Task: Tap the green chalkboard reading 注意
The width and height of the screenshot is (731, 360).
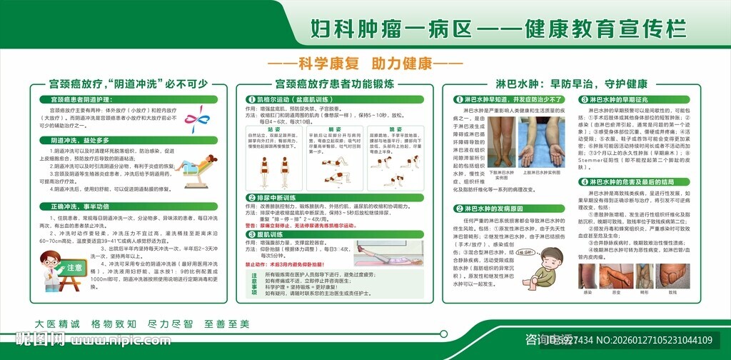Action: [74, 269]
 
